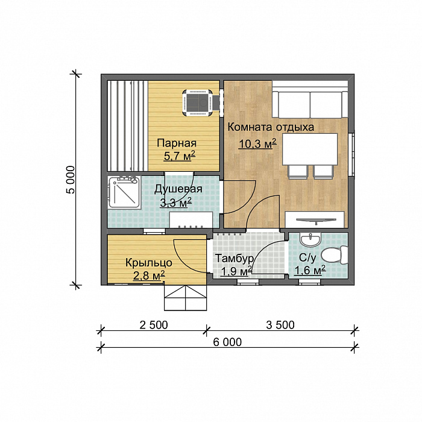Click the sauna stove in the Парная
pos(198,103)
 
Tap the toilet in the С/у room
pos(335,254)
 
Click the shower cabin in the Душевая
pos(124,192)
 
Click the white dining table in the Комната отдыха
pos(310,150)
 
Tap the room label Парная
pos(177,143)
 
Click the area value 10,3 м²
pos(257,144)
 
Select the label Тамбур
pos(234,259)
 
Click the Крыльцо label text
pos(149,263)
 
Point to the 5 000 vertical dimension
pos(71,180)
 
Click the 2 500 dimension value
pos(154,325)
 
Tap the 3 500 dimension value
pos(280,325)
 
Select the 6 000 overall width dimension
pos(227,342)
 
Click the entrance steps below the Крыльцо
pos(186,298)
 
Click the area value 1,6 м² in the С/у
pos(310,270)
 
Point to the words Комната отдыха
pos(271,127)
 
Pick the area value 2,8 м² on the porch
pos(149,276)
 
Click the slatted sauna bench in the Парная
pos(128,126)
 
